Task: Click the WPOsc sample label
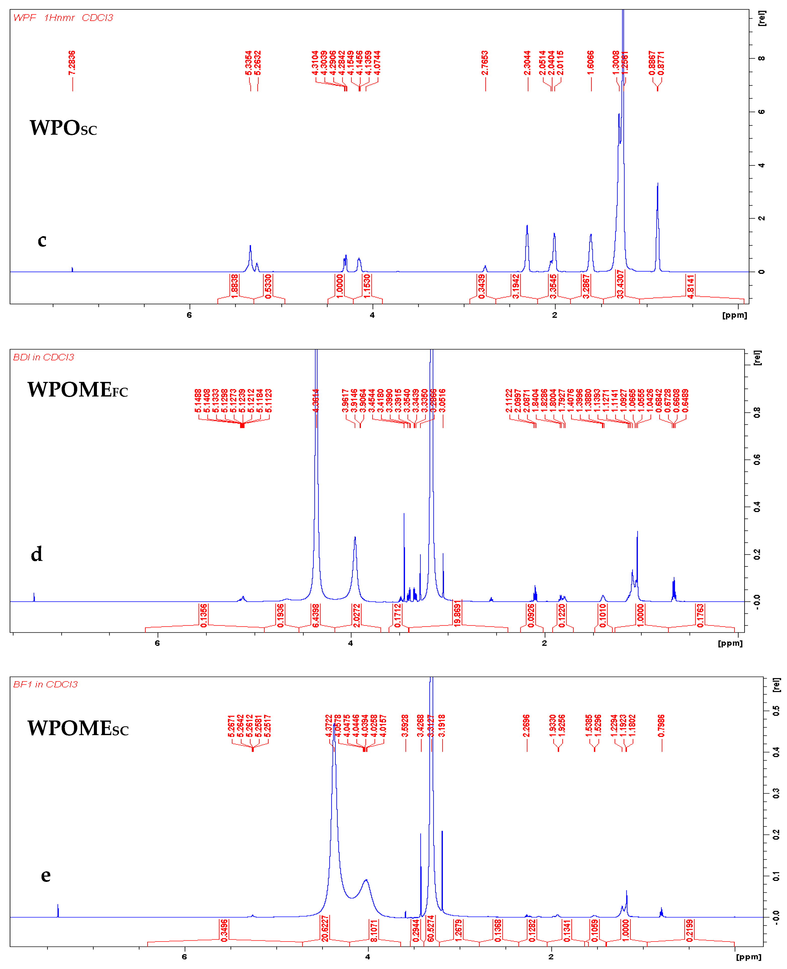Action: pyautogui.click(x=63, y=128)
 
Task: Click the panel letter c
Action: pyautogui.click(x=42, y=240)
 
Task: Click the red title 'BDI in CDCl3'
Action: pyautogui.click(x=44, y=357)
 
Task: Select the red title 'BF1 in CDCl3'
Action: pyautogui.click(x=45, y=684)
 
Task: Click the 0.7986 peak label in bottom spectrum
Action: pyautogui.click(x=661, y=726)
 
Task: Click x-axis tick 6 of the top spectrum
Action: pyautogui.click(x=189, y=315)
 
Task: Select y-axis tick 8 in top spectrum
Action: pyautogui.click(x=762, y=58)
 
